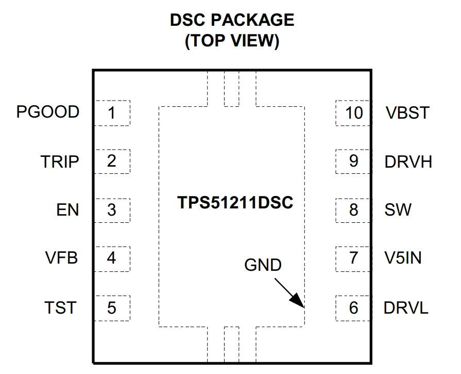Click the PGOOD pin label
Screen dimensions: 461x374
coord(47,112)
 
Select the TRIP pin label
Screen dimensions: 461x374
coord(60,161)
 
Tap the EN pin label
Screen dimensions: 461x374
coord(67,210)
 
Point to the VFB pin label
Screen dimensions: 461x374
coord(61,258)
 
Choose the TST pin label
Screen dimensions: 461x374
coord(61,307)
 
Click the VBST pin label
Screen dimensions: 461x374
coord(407,112)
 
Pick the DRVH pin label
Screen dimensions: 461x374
coord(408,161)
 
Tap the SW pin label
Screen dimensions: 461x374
coord(398,210)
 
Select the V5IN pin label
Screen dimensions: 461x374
coord(403,258)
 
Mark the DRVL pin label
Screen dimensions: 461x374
coord(406,308)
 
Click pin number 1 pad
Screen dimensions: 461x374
coord(112,113)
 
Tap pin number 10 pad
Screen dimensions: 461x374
coord(353,113)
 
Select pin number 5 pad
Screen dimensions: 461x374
coord(112,308)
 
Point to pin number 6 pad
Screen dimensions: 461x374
coord(353,308)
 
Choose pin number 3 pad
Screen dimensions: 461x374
coord(112,210)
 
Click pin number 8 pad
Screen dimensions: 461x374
coord(353,210)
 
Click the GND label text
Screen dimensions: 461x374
coord(263,265)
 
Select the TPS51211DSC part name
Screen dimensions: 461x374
coord(235,203)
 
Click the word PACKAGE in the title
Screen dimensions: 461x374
coord(252,20)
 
